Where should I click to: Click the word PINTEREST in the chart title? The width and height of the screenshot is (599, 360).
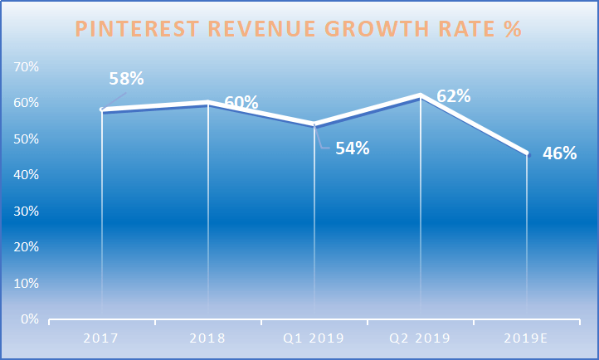137,29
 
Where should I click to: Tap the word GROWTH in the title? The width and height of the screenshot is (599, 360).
377,29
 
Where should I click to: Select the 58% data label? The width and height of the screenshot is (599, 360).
126,78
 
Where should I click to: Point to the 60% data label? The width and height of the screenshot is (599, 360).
241,102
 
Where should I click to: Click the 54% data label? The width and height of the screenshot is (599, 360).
353,148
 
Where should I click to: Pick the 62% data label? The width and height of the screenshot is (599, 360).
454,96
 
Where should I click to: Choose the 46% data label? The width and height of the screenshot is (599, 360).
560,153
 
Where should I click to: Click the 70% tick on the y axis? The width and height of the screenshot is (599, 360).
26,67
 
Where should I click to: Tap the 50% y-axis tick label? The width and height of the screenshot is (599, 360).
26,139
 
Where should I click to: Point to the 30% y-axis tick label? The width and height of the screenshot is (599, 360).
26,212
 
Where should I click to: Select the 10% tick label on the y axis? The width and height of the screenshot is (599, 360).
26,283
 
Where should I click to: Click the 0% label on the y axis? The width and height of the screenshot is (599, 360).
30,319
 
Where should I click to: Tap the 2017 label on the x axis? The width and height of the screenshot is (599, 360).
101,338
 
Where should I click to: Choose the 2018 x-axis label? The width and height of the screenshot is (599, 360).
207,338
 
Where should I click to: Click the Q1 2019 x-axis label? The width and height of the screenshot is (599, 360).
314,338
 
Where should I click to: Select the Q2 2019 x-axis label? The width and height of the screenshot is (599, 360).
420,338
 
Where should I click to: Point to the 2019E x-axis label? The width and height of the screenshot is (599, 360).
526,338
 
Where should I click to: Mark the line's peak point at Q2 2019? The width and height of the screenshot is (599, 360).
421,95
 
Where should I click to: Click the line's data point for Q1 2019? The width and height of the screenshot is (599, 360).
314,124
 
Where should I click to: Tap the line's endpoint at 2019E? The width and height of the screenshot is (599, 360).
527,153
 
